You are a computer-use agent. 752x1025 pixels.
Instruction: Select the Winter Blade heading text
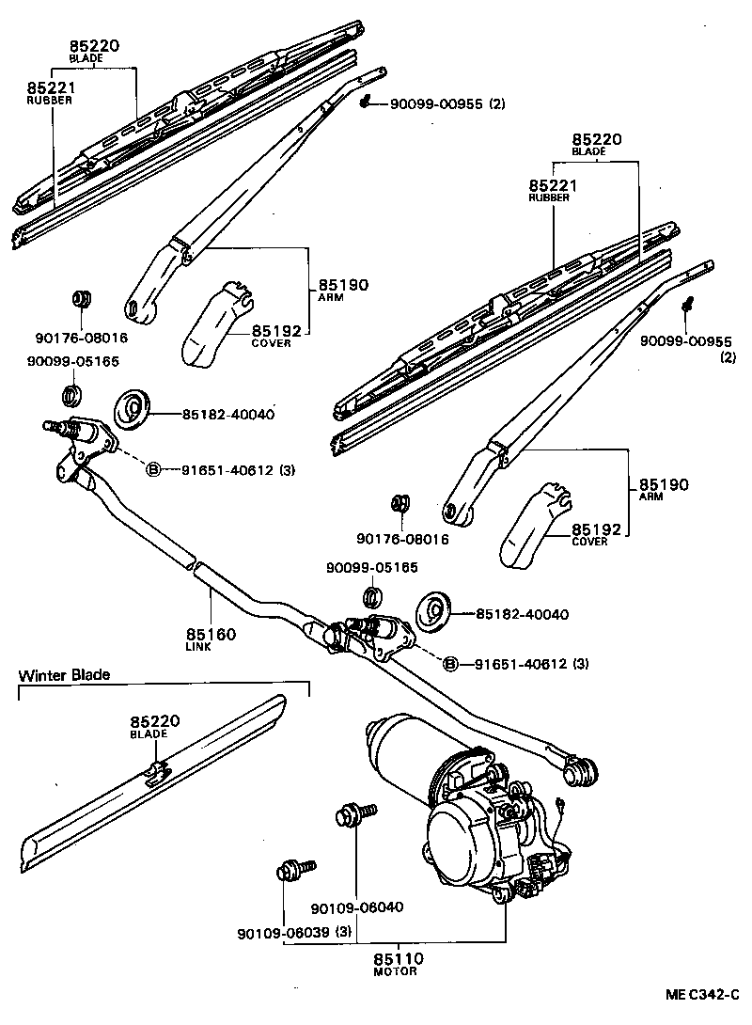(x=64, y=674)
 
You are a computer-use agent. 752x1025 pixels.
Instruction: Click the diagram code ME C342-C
(x=704, y=994)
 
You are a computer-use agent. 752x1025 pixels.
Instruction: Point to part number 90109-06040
(x=356, y=907)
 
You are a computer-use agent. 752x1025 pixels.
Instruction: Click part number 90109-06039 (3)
(x=294, y=933)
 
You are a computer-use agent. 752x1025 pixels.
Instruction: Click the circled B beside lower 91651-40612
(x=450, y=664)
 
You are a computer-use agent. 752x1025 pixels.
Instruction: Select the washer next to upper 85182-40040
(x=133, y=409)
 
